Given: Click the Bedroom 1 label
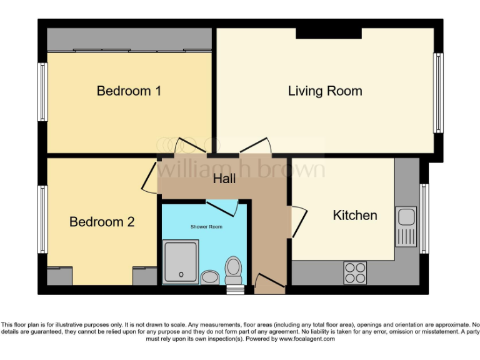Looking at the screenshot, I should click(129, 91).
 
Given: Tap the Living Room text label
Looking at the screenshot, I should click(324, 91).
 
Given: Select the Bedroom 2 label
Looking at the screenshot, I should click(102, 222).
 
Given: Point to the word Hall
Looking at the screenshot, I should click(224, 179).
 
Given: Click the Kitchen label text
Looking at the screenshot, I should click(354, 216).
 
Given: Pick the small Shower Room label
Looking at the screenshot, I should click(206, 227).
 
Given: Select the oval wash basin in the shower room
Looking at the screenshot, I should click(209, 276).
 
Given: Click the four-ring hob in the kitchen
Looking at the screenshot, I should click(355, 272).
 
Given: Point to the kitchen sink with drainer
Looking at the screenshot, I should click(406, 226).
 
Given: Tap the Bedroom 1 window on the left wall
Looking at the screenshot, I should click(42, 91).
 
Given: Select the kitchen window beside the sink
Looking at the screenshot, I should click(424, 219).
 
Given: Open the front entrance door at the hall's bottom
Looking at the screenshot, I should click(269, 284).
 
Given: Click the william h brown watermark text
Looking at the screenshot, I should click(241, 169).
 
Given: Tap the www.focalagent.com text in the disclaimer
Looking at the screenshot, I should click(307, 339).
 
